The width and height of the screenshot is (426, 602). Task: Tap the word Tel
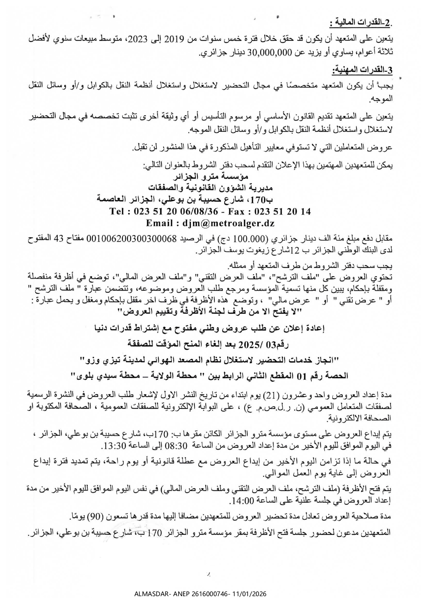pyautogui.click(x=118, y=212)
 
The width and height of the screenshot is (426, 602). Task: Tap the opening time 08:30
pyautogui.click(x=177, y=446)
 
